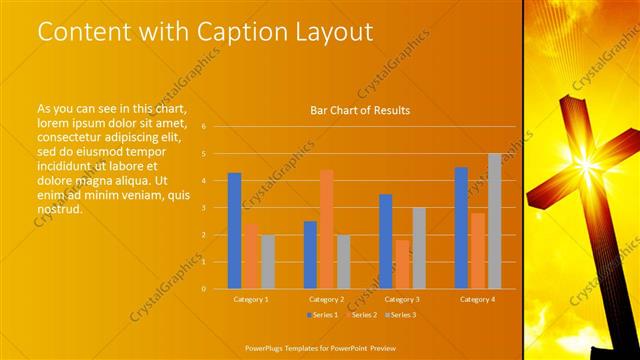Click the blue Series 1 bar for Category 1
(x=234, y=230)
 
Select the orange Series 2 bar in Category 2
(x=326, y=229)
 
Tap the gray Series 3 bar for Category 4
(x=494, y=221)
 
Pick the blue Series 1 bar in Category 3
(x=385, y=241)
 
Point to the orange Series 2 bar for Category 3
(x=402, y=264)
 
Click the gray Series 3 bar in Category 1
(x=267, y=261)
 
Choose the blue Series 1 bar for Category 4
(x=461, y=227)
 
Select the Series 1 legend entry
(x=323, y=315)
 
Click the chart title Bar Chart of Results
(x=360, y=110)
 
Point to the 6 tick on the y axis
(x=203, y=127)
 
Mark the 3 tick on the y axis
(x=203, y=208)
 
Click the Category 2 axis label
(x=326, y=299)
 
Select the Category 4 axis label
(x=477, y=299)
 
